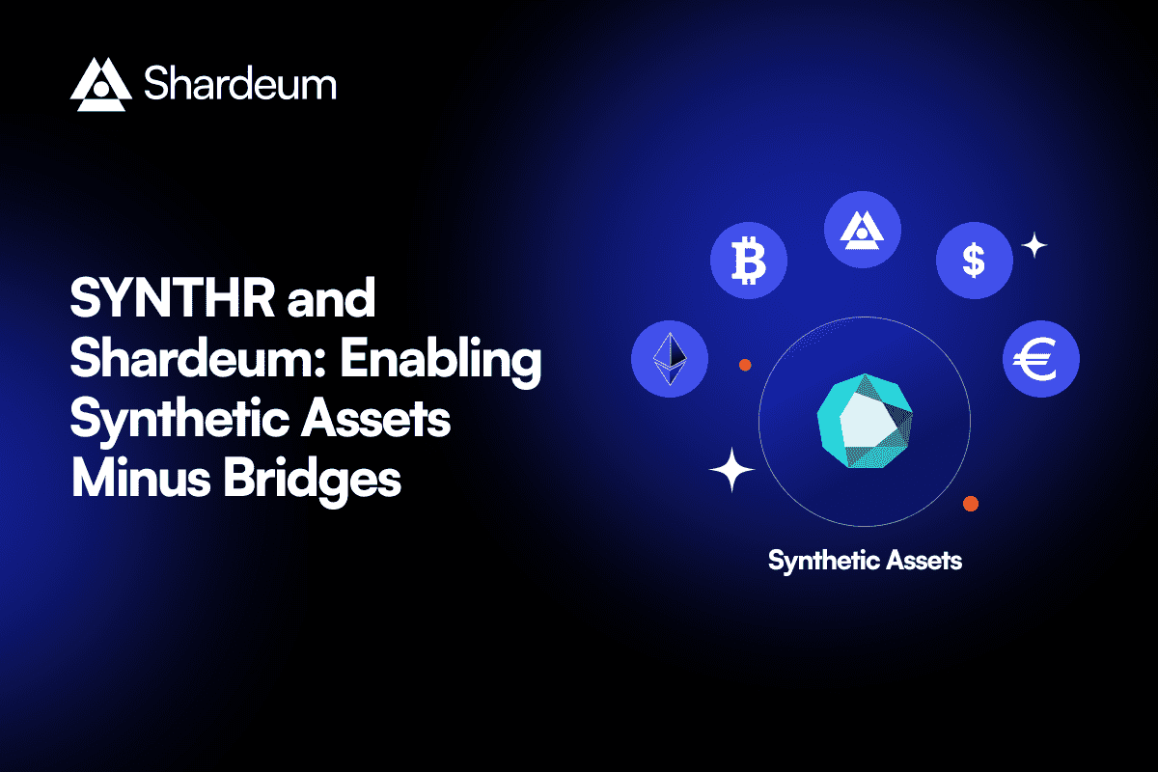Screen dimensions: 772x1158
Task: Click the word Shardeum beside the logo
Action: click(240, 84)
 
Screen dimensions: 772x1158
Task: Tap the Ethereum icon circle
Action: click(670, 360)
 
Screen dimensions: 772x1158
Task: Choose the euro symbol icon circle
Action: click(1041, 360)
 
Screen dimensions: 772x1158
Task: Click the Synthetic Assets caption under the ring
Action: click(865, 560)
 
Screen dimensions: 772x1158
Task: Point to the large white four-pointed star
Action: click(731, 471)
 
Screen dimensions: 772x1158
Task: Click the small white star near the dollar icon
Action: click(1034, 246)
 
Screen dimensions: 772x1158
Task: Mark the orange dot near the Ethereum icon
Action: click(745, 365)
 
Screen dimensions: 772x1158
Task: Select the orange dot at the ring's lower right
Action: click(971, 504)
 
